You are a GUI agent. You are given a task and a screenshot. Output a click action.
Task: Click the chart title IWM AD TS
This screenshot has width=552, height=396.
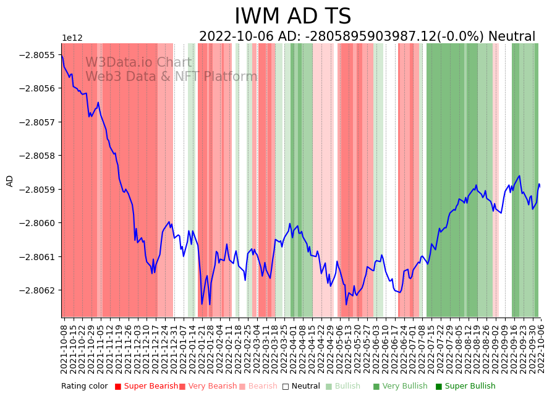pyautogui.click(x=292, y=16)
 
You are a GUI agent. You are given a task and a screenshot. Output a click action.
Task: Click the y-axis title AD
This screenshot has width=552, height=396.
pyautogui.click(x=10, y=180)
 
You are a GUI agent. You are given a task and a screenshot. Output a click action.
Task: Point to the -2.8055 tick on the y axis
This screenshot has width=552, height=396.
pyautogui.click(x=38, y=55)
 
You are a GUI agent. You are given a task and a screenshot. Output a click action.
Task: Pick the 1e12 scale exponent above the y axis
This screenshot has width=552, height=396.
pyautogui.click(x=72, y=38)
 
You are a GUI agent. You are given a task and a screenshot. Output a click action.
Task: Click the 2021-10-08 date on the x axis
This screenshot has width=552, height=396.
pyautogui.click(x=64, y=347)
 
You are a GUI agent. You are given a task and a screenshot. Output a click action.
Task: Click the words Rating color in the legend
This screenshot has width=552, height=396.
pyautogui.click(x=84, y=386)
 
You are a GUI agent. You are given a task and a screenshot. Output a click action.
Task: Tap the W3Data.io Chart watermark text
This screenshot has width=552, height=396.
pyautogui.click(x=138, y=62)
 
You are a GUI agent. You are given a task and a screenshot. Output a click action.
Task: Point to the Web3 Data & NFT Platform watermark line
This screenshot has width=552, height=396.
pyautogui.click(x=171, y=77)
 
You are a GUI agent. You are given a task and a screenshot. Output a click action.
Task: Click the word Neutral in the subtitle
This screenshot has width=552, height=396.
pyautogui.click(x=512, y=36)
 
